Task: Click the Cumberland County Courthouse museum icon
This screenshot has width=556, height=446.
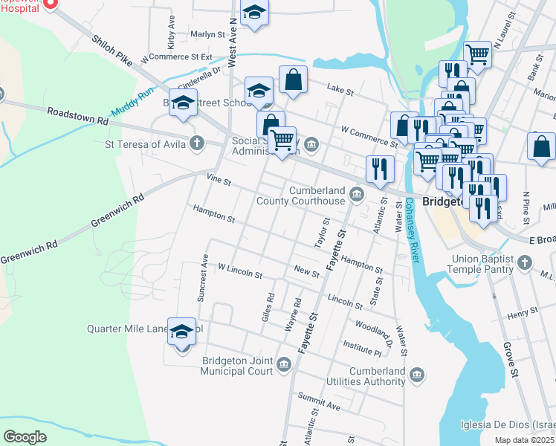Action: click(x=358, y=195)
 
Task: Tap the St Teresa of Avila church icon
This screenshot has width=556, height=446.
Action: click(x=197, y=142)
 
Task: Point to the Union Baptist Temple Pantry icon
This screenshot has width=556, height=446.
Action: click(x=525, y=262)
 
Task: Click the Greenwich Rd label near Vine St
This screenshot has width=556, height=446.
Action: click(x=117, y=211)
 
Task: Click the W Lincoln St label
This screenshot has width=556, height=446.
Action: click(x=239, y=270)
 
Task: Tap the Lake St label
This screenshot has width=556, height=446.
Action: click(x=340, y=90)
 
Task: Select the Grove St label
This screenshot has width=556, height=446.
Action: click(x=509, y=349)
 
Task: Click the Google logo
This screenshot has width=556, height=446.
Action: click(x=25, y=436)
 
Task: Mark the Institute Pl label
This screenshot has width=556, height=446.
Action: click(x=362, y=344)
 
